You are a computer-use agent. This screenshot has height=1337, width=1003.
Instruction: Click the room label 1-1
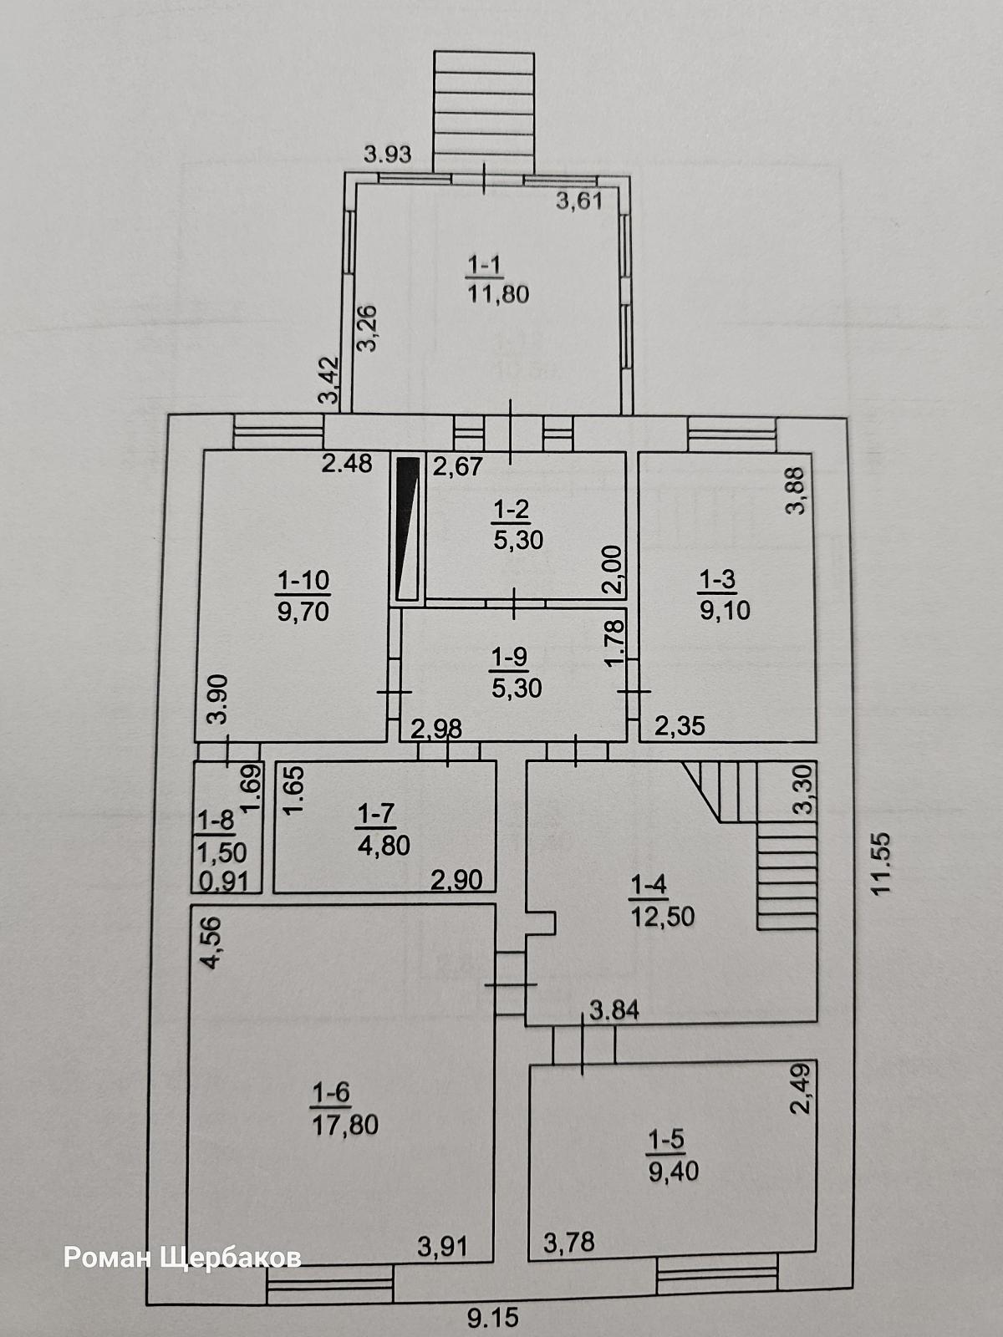point(486,265)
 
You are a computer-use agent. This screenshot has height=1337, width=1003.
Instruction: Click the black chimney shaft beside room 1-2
point(407,529)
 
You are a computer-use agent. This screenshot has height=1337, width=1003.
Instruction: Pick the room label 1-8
point(216,821)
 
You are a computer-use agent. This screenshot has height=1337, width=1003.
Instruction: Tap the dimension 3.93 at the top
point(387,154)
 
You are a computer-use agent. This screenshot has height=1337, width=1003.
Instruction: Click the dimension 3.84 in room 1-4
point(614,1010)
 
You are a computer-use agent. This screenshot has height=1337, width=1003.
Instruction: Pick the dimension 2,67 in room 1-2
point(458,467)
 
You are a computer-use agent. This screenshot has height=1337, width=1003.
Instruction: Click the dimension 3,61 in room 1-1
point(579,201)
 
